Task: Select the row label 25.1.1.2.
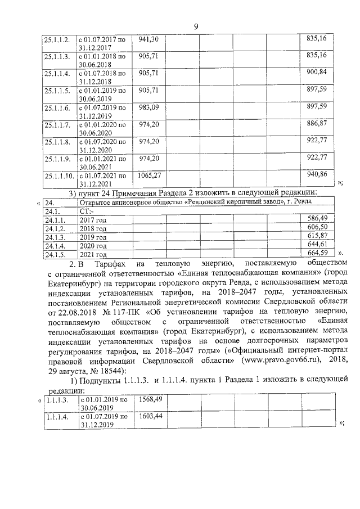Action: (57, 39)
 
